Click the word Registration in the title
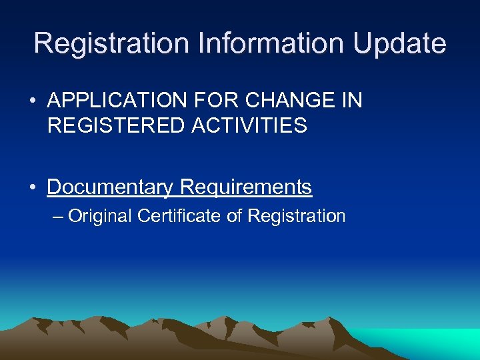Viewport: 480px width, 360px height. pyautogui.click(x=111, y=44)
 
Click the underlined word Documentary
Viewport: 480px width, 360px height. pyautogui.click(x=109, y=187)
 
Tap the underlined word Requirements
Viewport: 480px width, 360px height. pyautogui.click(x=245, y=187)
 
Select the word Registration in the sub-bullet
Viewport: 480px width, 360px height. pyautogui.click(x=296, y=216)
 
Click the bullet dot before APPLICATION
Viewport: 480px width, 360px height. pyautogui.click(x=33, y=102)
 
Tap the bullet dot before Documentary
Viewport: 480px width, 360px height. pyautogui.click(x=33, y=188)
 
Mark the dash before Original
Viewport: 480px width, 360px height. pyautogui.click(x=58, y=217)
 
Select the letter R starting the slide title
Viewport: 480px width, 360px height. pyautogui.click(x=43, y=44)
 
